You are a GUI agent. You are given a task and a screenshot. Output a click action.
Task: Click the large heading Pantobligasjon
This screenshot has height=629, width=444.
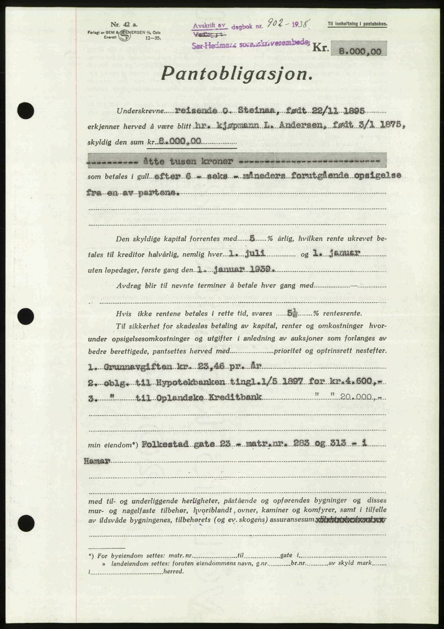238,75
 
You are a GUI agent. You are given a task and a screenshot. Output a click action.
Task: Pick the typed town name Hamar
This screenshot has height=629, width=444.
97,461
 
